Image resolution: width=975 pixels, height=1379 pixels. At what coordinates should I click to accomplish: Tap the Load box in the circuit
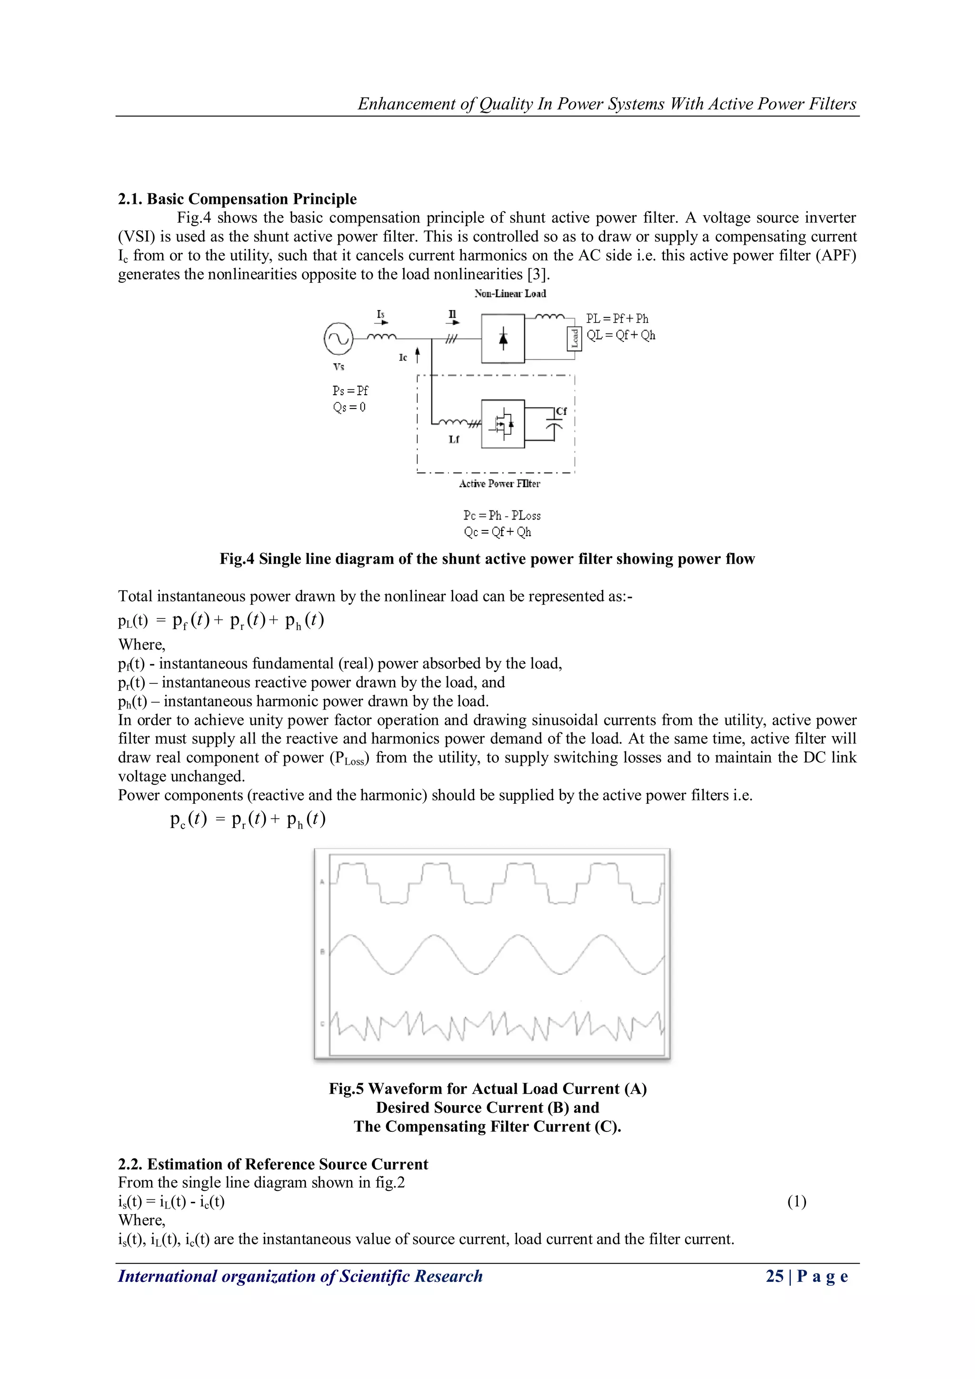point(574,338)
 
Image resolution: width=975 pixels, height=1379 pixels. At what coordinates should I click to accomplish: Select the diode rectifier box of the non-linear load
point(503,339)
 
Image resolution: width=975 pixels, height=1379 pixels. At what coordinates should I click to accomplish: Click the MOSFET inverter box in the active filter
point(503,424)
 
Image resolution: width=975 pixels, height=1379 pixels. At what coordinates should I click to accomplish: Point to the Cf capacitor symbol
point(555,424)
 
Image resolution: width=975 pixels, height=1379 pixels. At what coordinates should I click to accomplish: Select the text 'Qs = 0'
point(349,407)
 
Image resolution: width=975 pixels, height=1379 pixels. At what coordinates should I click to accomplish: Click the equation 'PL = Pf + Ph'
point(617,319)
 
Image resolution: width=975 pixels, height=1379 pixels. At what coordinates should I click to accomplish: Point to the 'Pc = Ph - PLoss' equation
point(502,515)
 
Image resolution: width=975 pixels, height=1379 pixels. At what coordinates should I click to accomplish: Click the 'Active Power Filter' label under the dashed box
point(499,483)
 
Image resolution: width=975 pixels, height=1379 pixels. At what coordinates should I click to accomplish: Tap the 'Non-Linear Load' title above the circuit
point(510,294)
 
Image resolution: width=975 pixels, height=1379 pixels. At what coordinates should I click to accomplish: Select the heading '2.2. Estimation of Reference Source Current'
point(273,1164)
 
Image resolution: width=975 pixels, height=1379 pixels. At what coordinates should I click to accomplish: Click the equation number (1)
point(796,1201)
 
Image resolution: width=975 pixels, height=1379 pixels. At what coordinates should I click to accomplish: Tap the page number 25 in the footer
point(775,1276)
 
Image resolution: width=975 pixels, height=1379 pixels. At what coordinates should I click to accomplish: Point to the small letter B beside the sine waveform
point(322,952)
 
